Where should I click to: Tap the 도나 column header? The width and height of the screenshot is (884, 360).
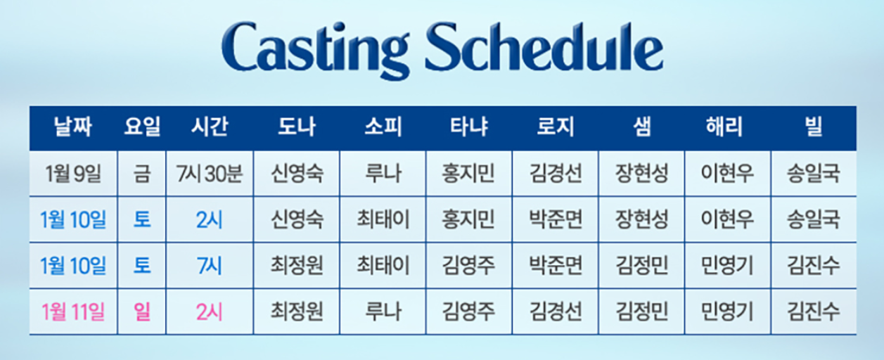[x=297, y=127]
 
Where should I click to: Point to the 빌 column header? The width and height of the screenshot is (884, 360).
[x=814, y=127]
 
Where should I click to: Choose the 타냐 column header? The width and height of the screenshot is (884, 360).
[x=469, y=127]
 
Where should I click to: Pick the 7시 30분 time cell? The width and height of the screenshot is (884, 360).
[x=210, y=173]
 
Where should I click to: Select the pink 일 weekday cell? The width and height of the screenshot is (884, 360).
[x=143, y=310]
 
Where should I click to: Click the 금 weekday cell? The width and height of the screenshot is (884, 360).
[x=143, y=173]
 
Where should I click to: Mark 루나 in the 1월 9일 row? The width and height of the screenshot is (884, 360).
[x=383, y=173]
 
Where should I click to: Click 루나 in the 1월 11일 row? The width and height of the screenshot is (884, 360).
[x=383, y=310]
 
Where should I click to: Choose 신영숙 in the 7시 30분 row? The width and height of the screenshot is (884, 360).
[x=297, y=173]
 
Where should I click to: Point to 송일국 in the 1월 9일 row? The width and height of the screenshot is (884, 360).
[x=814, y=173]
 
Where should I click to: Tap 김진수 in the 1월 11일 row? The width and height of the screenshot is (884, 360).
[x=814, y=310]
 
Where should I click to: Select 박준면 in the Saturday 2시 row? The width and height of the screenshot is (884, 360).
[x=556, y=219]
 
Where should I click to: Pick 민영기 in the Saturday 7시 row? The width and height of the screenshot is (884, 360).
[x=727, y=265]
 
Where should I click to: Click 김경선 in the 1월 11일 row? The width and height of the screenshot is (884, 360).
[x=556, y=310]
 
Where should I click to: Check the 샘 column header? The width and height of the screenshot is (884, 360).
[x=641, y=127]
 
